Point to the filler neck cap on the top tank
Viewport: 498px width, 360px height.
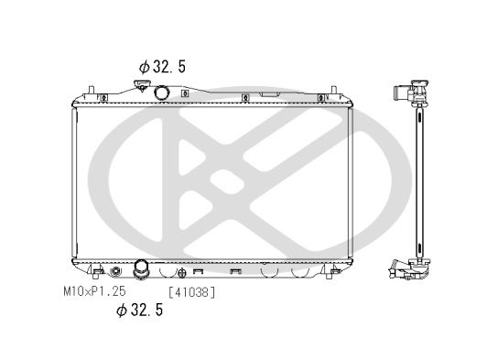140,86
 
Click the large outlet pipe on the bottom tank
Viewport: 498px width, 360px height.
142,269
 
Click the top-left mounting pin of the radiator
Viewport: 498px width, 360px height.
92,90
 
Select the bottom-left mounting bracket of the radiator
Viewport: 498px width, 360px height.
93,272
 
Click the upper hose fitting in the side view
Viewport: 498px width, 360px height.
403,93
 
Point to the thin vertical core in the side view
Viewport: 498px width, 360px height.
421,183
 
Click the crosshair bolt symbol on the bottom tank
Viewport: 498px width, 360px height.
184,272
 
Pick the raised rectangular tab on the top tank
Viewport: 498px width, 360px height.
270,93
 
